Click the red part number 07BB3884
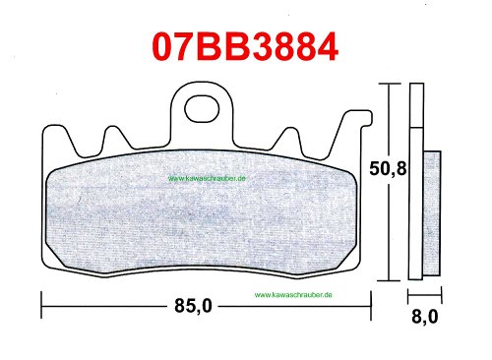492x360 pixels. (245, 47)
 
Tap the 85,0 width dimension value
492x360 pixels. (193, 306)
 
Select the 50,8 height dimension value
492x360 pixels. (388, 169)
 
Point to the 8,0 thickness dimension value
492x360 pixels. (424, 317)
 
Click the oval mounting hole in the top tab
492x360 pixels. (202, 108)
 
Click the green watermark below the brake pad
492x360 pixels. (293, 295)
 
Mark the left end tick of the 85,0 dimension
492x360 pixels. (41, 305)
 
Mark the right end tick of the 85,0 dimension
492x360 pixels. (371, 306)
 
